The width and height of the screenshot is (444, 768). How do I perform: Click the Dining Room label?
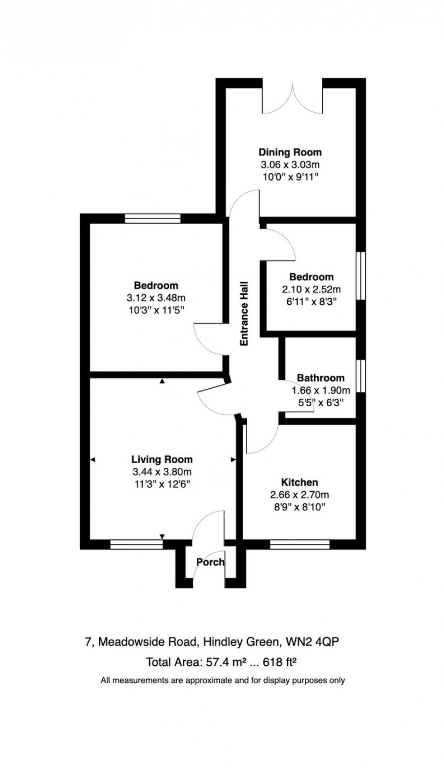click(290, 152)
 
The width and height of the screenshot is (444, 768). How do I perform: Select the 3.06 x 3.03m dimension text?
click(290, 165)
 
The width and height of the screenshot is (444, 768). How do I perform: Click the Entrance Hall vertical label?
click(244, 313)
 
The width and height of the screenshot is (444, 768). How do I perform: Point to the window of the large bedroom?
click(152, 219)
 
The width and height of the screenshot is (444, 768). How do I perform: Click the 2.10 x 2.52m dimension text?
click(312, 289)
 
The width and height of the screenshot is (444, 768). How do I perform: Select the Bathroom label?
click(320, 378)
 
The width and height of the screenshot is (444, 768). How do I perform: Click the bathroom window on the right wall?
click(361, 377)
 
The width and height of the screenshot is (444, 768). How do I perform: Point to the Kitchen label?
click(299, 482)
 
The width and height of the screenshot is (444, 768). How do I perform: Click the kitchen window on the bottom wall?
click(299, 544)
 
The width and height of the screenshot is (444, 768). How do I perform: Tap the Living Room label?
click(162, 459)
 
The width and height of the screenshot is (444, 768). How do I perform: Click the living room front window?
click(136, 544)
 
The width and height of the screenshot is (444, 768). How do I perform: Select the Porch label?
click(210, 562)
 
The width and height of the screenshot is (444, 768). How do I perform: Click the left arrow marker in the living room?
click(93, 459)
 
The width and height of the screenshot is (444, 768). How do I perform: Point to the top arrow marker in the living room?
click(162, 381)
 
